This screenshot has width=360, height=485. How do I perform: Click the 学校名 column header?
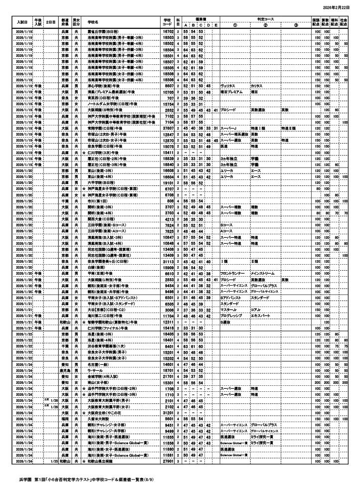pyautogui.click(x=93, y=22)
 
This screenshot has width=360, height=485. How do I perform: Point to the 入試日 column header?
pyautogui.click(x=21, y=22)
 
